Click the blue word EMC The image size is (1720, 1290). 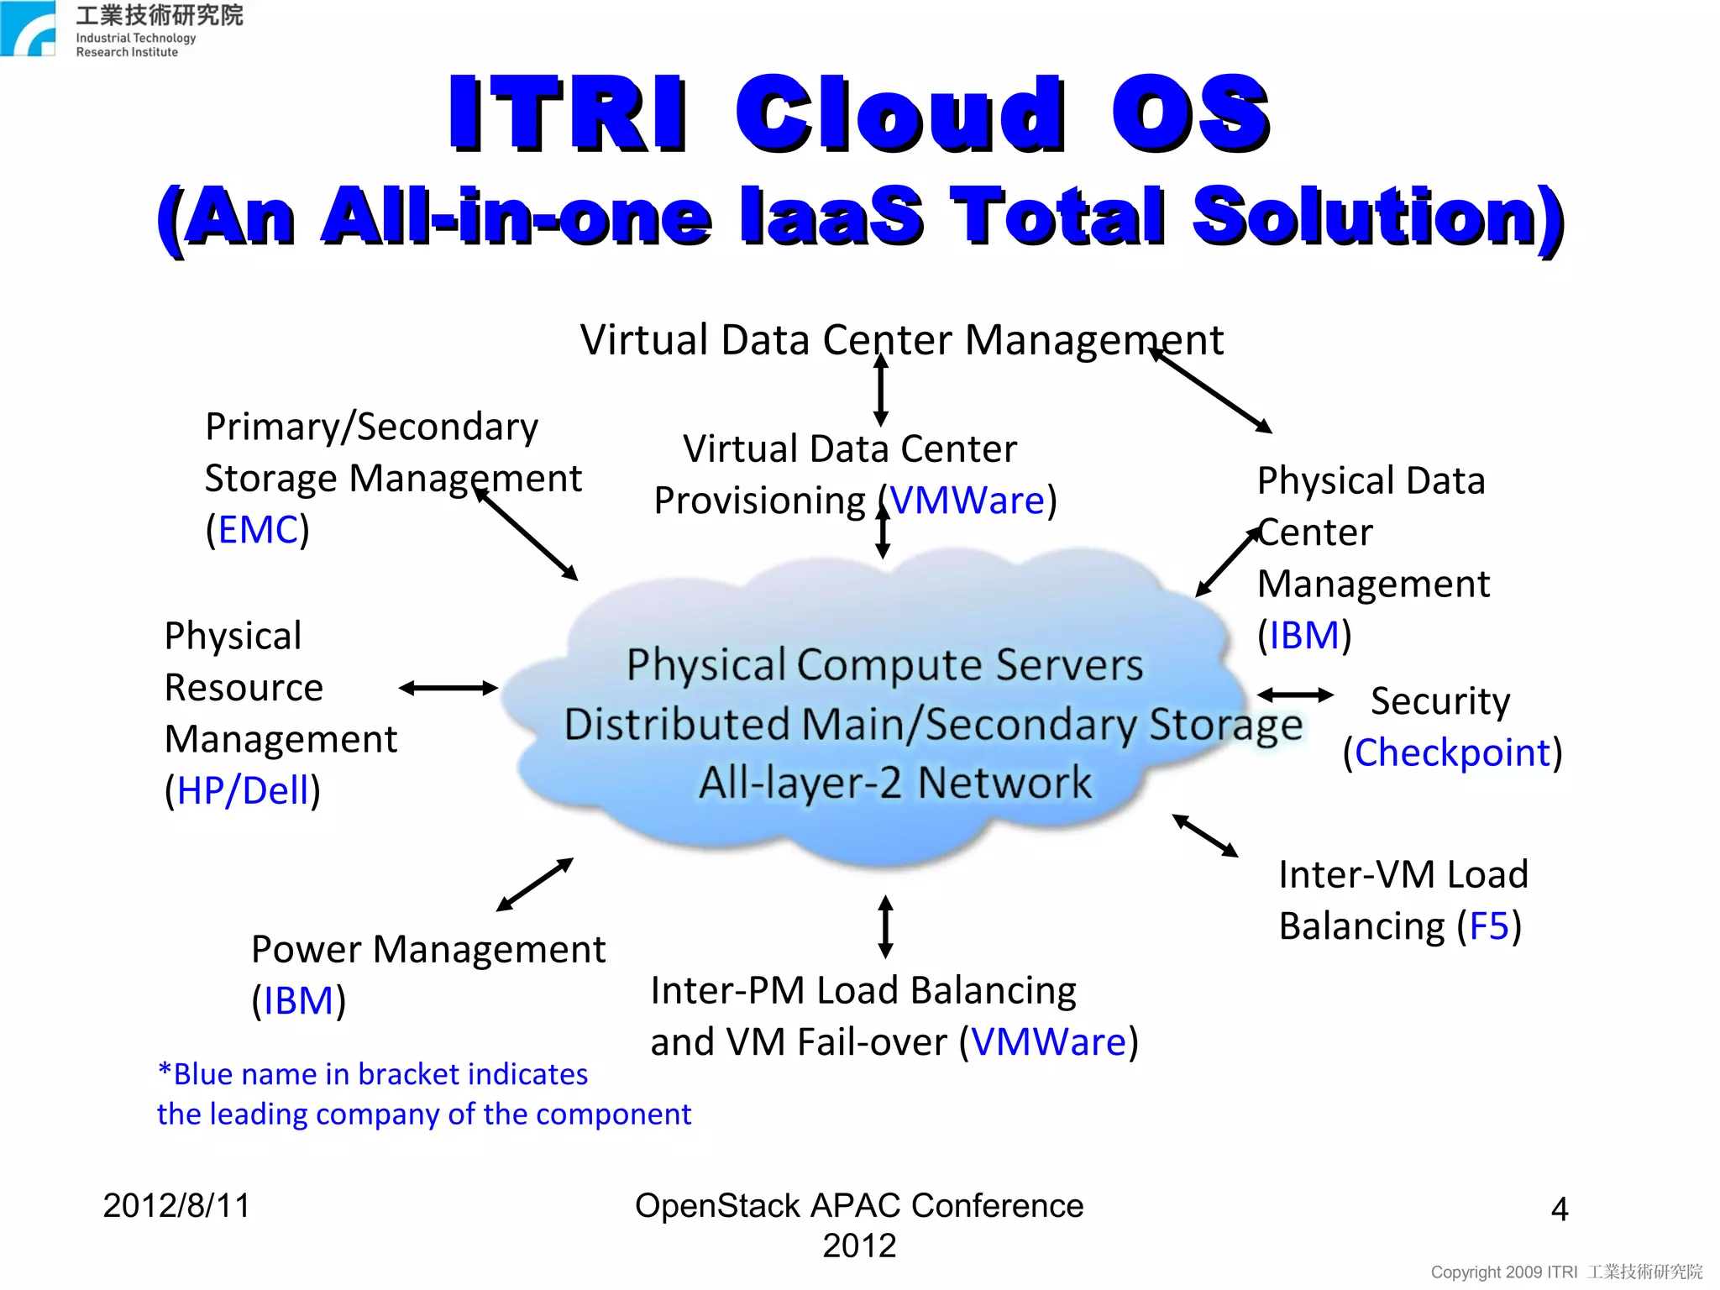click(x=258, y=530)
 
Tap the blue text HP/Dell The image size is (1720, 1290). click(x=244, y=790)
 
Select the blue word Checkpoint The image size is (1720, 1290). click(x=1452, y=752)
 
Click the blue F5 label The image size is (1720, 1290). click(x=1489, y=926)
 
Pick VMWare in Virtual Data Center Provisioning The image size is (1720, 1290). click(x=967, y=501)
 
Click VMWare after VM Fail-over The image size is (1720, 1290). click(x=1049, y=1042)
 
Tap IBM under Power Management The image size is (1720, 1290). click(x=298, y=1001)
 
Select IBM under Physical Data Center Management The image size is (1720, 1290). click(x=1303, y=636)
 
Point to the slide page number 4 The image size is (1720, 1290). click(x=1559, y=1209)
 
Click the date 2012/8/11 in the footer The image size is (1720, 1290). click(x=176, y=1206)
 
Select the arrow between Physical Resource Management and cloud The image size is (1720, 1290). click(x=448, y=689)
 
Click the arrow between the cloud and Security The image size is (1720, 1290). click(x=1294, y=695)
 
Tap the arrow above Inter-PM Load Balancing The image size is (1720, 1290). click(x=885, y=926)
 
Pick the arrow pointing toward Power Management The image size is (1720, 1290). click(x=535, y=884)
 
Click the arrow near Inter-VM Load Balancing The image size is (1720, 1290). click(x=1205, y=836)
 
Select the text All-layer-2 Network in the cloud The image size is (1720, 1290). click(x=895, y=783)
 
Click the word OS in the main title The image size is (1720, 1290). click(x=1190, y=113)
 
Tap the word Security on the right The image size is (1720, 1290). click(x=1439, y=701)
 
